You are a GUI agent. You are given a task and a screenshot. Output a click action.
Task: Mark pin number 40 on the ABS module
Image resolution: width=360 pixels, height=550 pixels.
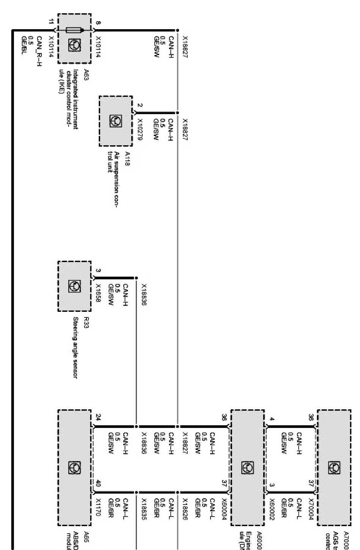[98, 483]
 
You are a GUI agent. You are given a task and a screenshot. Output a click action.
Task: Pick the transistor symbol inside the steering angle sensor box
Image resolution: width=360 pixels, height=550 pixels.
[74, 286]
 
